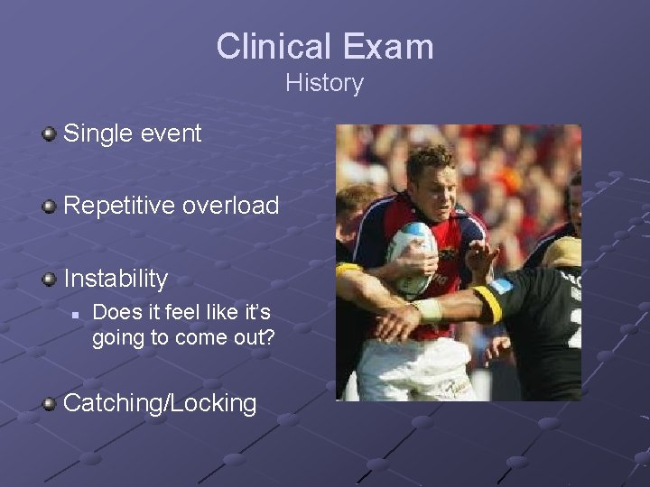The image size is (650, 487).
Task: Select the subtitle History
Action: (324, 83)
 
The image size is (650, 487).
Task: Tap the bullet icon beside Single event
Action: (50, 134)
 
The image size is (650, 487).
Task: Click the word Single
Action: (98, 134)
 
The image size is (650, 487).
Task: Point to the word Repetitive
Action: (119, 206)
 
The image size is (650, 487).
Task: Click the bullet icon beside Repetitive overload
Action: (50, 207)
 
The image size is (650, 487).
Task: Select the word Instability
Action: (116, 279)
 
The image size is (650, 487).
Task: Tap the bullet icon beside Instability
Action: (50, 279)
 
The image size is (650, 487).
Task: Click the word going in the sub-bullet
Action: (117, 337)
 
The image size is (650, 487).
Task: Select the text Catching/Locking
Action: (160, 403)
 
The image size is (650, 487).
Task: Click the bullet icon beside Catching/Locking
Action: (50, 403)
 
